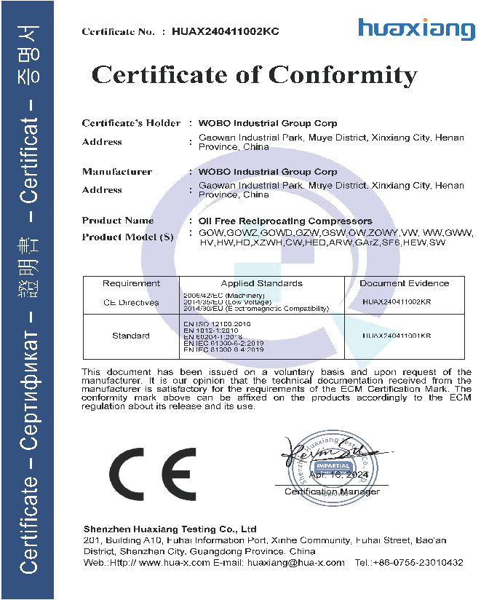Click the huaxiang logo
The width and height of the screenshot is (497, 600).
(x=416, y=29)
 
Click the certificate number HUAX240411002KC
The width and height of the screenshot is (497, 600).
(x=226, y=31)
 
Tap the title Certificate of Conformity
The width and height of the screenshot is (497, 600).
(x=254, y=74)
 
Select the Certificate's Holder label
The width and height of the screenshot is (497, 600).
(x=131, y=123)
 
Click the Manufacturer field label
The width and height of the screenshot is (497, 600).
(x=117, y=172)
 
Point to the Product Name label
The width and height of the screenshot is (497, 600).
(x=118, y=220)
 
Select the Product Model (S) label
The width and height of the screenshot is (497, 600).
(x=129, y=237)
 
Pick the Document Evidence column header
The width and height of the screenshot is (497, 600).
(x=405, y=283)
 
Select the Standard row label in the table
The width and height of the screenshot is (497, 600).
(x=131, y=336)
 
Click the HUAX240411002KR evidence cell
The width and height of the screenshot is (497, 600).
(x=397, y=301)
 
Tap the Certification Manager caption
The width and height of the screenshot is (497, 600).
(x=332, y=492)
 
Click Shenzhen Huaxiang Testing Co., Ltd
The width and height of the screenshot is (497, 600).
(x=170, y=529)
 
